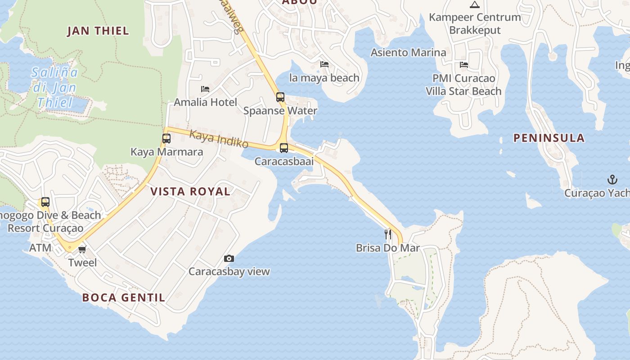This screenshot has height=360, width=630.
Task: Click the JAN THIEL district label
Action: (98, 31)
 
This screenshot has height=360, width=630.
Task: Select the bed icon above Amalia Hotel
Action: (205, 89)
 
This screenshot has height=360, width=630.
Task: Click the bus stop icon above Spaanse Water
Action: (280, 97)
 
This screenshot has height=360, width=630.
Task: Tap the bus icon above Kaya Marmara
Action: (166, 138)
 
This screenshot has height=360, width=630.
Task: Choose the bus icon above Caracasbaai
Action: (284, 148)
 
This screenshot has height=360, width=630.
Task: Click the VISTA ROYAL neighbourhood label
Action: (190, 191)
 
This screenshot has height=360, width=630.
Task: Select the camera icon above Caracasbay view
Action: (229, 258)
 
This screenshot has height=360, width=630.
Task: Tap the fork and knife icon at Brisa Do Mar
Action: (387, 234)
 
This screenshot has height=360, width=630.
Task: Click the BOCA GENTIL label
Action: (124, 297)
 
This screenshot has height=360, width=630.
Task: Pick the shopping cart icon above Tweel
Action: (82, 249)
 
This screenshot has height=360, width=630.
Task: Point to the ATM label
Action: (40, 248)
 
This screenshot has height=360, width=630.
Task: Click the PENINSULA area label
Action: (549, 138)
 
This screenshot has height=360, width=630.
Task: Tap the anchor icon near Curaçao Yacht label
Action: (612, 180)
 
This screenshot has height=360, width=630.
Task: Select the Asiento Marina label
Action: (408, 53)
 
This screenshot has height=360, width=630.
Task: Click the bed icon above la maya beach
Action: (324, 64)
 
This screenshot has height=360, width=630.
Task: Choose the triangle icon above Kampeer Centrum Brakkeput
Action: (474, 5)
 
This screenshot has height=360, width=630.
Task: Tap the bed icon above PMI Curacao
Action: (464, 65)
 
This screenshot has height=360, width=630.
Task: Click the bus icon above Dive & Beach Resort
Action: (45, 202)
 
